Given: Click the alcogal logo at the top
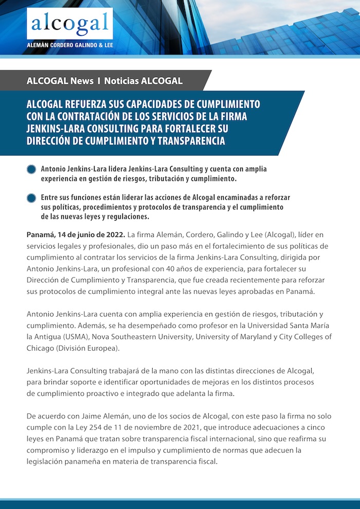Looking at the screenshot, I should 69,23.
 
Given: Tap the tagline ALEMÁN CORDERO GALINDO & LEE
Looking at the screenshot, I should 69,45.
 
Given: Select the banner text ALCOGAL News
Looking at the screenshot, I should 60,81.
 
